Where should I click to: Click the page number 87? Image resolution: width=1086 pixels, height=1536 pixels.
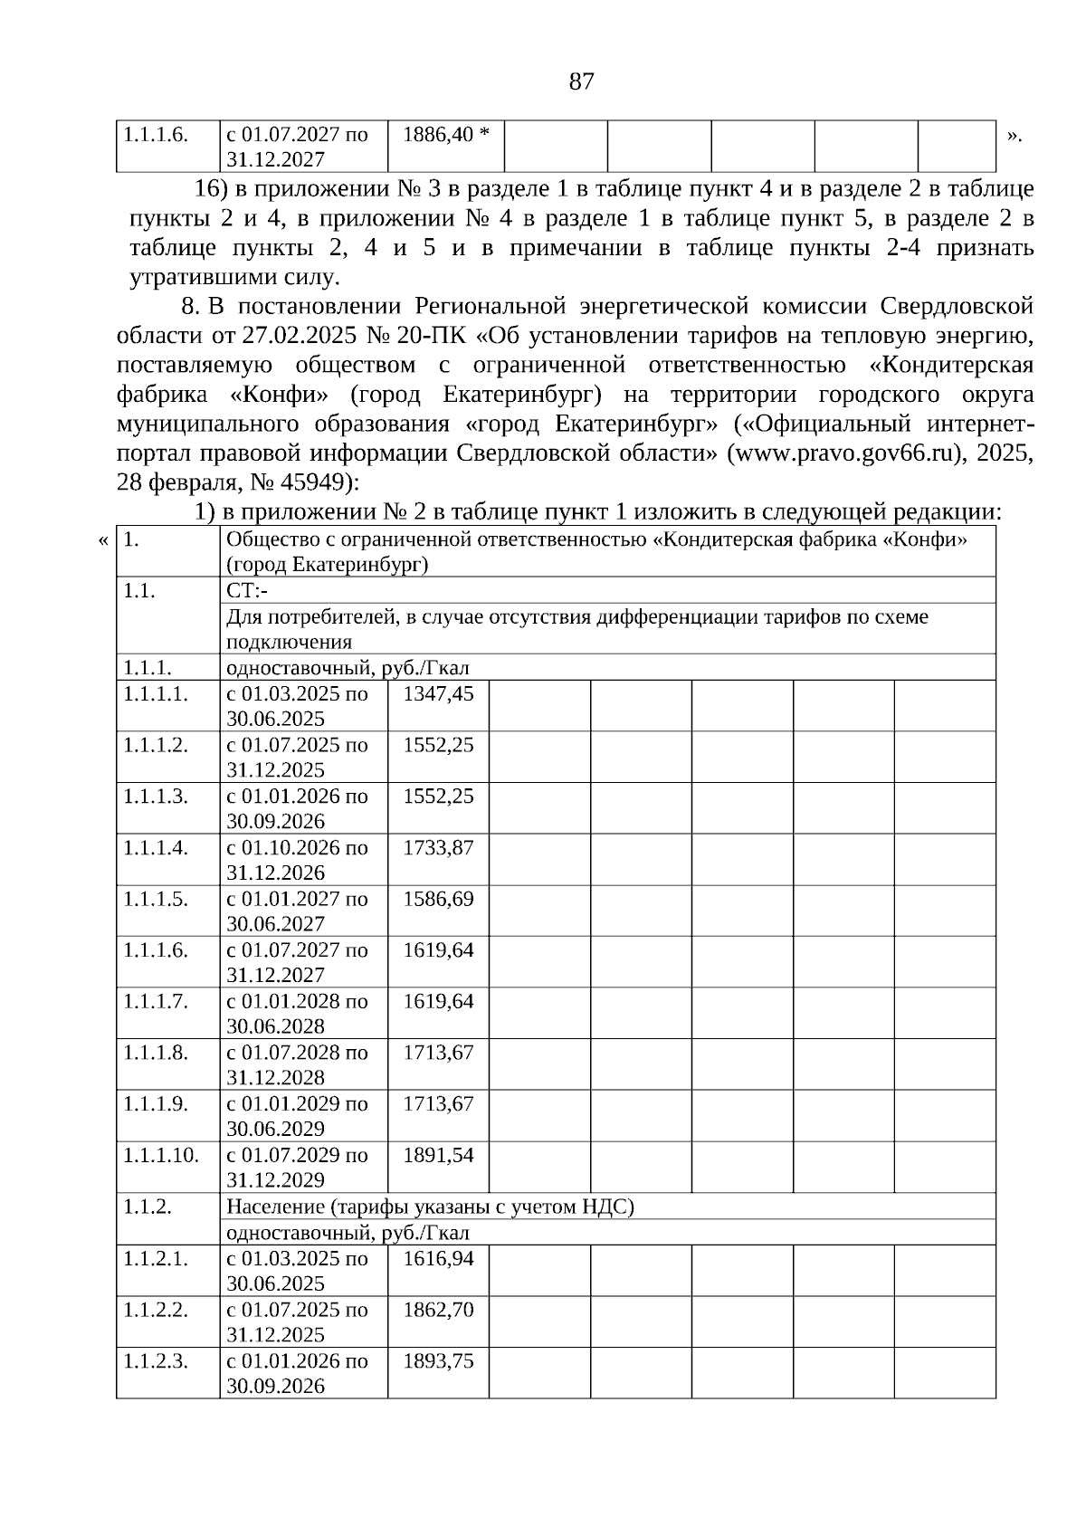[582, 82]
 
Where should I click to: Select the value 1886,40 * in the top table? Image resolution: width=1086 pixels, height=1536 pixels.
[445, 135]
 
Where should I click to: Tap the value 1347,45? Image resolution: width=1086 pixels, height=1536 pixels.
[438, 693]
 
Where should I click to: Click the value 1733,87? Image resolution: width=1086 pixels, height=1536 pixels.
[438, 847]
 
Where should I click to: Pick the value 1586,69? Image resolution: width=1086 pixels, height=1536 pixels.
[438, 899]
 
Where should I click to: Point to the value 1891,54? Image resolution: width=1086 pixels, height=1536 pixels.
[438, 1155]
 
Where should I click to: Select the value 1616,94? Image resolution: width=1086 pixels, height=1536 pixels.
[438, 1258]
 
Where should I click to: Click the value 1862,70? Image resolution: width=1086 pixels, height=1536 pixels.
[438, 1310]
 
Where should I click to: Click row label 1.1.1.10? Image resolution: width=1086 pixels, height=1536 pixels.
[160, 1155]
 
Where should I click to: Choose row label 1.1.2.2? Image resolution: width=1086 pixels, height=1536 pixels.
[156, 1310]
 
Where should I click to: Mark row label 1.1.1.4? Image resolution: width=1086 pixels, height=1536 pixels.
[156, 847]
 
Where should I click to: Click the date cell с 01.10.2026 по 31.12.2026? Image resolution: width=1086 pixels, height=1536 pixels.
[297, 860]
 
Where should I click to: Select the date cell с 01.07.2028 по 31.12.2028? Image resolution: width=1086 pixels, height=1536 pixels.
[297, 1064]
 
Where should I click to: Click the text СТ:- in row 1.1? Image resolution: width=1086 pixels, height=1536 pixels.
[247, 591]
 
